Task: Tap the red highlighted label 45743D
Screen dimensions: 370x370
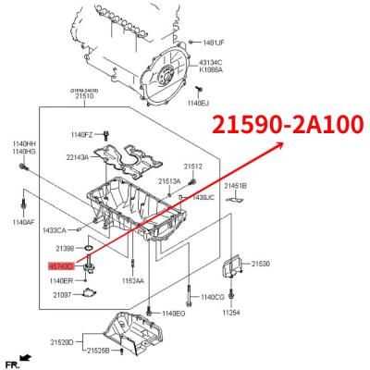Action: click(61, 265)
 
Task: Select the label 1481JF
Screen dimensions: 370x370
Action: click(213, 43)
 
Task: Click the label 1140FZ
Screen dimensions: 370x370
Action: click(83, 135)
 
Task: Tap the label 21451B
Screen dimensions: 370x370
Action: click(236, 186)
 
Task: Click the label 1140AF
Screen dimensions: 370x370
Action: click(24, 222)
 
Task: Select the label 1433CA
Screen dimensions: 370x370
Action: click(55, 229)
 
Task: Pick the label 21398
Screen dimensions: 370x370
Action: click(65, 249)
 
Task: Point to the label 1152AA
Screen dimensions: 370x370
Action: click(132, 280)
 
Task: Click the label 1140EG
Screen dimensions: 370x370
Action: click(175, 314)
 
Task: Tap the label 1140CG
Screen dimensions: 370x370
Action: click(212, 297)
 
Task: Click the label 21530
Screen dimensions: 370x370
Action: click(262, 264)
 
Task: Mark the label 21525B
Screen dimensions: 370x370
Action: click(98, 351)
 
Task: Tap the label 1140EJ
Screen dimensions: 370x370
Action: click(199, 104)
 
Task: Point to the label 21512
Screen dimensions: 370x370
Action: click(192, 166)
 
